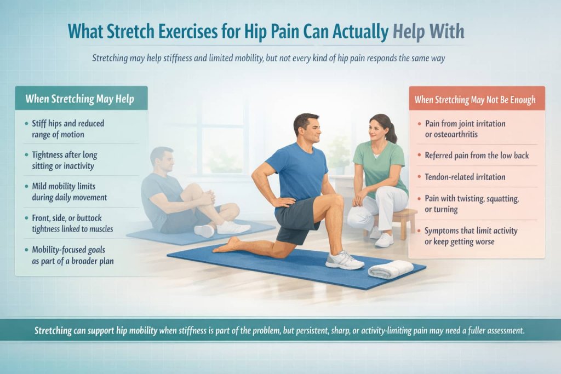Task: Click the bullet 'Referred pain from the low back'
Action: click(x=477, y=156)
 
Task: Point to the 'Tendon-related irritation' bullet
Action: click(x=465, y=177)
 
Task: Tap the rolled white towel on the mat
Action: click(x=391, y=269)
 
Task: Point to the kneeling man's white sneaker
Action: click(x=345, y=260)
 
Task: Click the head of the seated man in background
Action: click(x=162, y=159)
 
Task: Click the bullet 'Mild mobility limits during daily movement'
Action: click(x=69, y=192)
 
